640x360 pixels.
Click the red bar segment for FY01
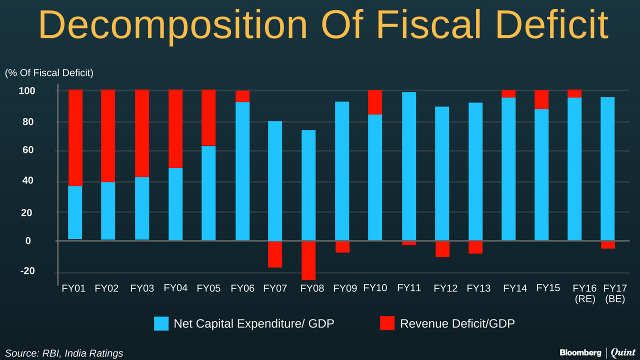coord(75,137)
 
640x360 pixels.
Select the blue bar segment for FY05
coord(208,193)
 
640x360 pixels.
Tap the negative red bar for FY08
coord(308,260)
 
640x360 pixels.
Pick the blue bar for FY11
coord(408,166)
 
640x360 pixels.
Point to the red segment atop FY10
coord(375,102)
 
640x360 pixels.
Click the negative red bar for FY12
coord(442,249)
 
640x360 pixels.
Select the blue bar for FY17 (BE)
coord(608,169)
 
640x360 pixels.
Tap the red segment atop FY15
coord(541,99)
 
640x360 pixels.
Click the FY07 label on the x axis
coord(275,288)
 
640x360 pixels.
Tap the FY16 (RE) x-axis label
coord(584,294)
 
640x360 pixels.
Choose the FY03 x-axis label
coord(142,288)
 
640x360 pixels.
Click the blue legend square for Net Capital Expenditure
coord(161,323)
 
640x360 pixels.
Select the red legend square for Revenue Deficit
coord(387,323)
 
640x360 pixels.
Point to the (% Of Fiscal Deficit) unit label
coord(49,73)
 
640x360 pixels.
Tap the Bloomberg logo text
coord(580,352)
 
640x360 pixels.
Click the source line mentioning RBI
coord(64,353)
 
